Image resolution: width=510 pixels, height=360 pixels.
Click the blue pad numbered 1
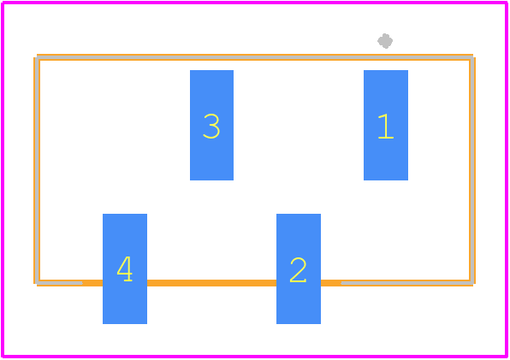(x=386, y=125)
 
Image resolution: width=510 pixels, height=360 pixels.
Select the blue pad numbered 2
(x=299, y=269)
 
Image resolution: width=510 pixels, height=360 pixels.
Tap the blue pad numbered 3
(x=211, y=125)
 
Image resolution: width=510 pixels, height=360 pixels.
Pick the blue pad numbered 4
(x=125, y=269)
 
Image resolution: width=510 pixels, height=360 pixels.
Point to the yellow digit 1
(x=386, y=127)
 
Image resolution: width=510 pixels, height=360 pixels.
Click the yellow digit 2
(x=298, y=269)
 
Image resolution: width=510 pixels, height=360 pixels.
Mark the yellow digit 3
(x=211, y=126)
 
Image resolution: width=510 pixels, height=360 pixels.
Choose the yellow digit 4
(x=125, y=269)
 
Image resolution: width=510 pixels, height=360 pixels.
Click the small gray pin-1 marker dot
(x=385, y=41)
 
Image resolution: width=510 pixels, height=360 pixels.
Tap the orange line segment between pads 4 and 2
(x=211, y=283)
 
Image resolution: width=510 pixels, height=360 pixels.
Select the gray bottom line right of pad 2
(x=407, y=283)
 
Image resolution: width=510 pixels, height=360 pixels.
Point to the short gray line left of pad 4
(x=60, y=283)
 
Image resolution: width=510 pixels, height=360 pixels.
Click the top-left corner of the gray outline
(x=38, y=57)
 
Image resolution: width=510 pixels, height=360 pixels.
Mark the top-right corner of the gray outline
(x=471, y=57)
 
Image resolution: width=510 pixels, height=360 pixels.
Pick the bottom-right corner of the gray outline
(x=471, y=283)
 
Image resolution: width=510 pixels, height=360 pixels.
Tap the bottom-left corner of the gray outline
(x=38, y=283)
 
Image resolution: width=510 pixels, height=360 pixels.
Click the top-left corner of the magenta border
(x=3, y=3)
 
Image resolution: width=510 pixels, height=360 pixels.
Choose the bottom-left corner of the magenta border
(x=3, y=356)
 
